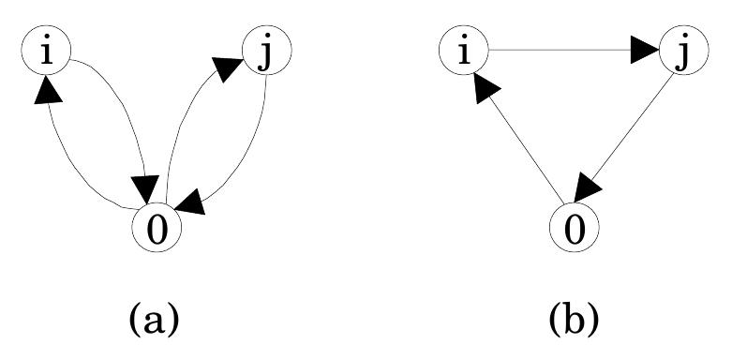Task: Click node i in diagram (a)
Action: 43,54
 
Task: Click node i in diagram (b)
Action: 461,54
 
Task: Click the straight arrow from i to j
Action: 562,52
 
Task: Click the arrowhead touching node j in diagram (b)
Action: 646,52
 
